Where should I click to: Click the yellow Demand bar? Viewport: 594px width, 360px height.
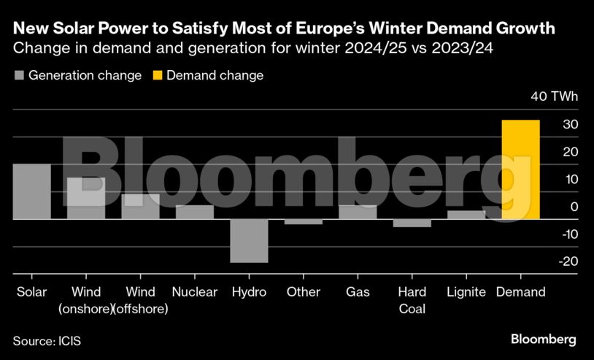coord(521,169)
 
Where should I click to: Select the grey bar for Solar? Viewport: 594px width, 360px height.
coord(31,191)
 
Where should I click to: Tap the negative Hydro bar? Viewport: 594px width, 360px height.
coord(249,240)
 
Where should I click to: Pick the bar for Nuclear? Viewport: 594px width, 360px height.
coord(195,212)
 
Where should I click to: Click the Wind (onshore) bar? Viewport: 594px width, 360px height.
coord(86,198)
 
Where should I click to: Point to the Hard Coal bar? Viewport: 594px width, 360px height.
coord(412,223)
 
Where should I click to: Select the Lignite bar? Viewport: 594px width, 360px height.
coord(466,215)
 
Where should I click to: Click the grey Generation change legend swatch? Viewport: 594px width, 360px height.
coord(19,75)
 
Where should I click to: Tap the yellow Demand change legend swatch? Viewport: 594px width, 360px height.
coord(157,75)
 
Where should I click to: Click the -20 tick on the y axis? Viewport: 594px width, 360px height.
coord(569,261)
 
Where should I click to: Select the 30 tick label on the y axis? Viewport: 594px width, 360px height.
coord(571,125)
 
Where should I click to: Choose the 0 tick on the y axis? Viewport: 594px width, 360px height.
coord(574,207)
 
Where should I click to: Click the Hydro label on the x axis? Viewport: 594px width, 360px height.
coord(249,292)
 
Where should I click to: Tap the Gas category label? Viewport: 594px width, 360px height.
coord(358,292)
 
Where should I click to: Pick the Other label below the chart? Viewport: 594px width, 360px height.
coord(303,292)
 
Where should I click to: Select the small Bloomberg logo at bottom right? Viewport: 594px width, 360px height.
coord(544,339)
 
